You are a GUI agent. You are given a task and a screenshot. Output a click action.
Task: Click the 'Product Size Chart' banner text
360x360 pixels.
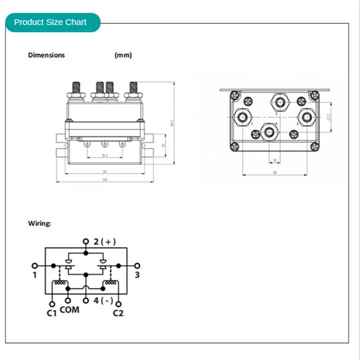pos(50,22)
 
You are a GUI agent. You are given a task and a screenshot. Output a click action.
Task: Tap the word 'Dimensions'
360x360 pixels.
pos(46,55)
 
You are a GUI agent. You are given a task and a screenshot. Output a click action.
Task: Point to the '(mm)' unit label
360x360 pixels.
pos(123,55)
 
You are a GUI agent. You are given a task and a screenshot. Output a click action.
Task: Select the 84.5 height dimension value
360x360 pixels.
pos(172,123)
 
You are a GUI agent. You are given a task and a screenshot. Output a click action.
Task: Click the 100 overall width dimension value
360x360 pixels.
pos(104,180)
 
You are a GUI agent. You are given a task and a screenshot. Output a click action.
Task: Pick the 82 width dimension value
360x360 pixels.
pos(104,171)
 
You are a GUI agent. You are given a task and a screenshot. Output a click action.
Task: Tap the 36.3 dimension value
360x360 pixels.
pos(104,155)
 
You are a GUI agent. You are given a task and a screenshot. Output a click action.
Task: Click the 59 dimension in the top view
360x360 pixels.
pos(275,172)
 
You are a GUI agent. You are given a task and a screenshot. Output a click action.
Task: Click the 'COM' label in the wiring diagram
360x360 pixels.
pos(69,310)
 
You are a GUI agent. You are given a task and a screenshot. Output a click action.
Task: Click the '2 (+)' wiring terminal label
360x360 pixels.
pos(104,242)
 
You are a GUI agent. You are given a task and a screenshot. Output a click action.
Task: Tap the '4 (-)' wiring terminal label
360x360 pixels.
pos(103,301)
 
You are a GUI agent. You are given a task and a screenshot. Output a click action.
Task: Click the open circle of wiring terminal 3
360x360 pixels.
pos(137,265)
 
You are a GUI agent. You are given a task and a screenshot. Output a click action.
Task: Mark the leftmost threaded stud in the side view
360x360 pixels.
pos(74,88)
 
